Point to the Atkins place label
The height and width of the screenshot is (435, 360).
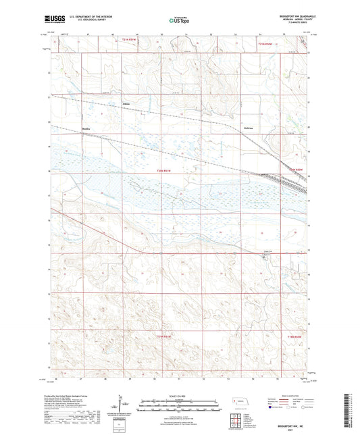pos(126,103)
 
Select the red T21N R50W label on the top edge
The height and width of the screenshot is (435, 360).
pos(271,44)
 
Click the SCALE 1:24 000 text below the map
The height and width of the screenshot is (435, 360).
pos(179,396)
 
